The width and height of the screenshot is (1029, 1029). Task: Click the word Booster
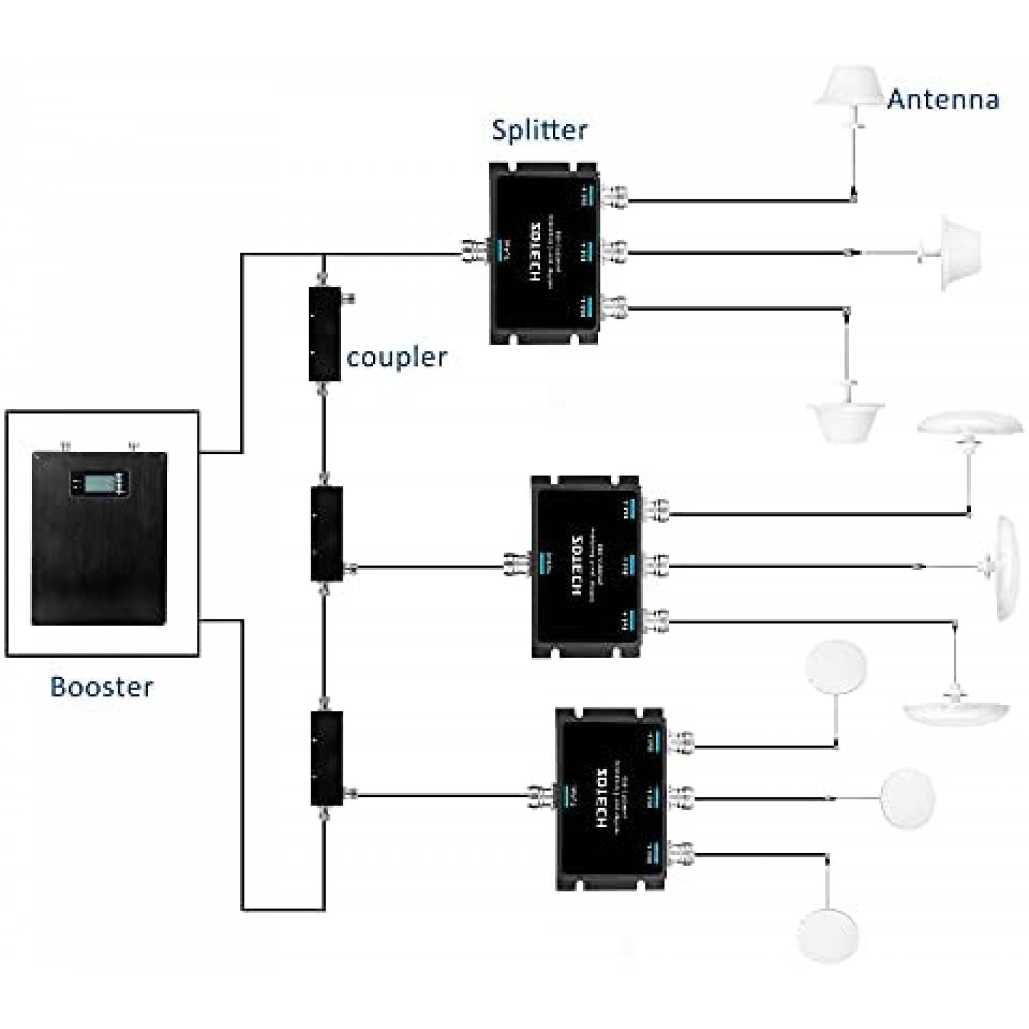(102, 687)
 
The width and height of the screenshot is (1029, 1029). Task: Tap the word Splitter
(539, 130)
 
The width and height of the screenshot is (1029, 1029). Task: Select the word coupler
(396, 358)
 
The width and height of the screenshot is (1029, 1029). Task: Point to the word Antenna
(943, 100)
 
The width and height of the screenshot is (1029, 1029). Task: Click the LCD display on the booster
(100, 483)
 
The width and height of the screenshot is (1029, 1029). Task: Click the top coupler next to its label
(324, 334)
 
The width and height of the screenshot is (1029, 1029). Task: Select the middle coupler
(326, 534)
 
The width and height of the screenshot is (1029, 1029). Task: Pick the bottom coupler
(326, 758)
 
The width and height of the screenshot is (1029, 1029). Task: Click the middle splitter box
(585, 566)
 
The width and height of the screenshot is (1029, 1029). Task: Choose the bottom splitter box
(610, 799)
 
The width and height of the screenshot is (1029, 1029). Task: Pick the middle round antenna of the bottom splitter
(907, 797)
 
